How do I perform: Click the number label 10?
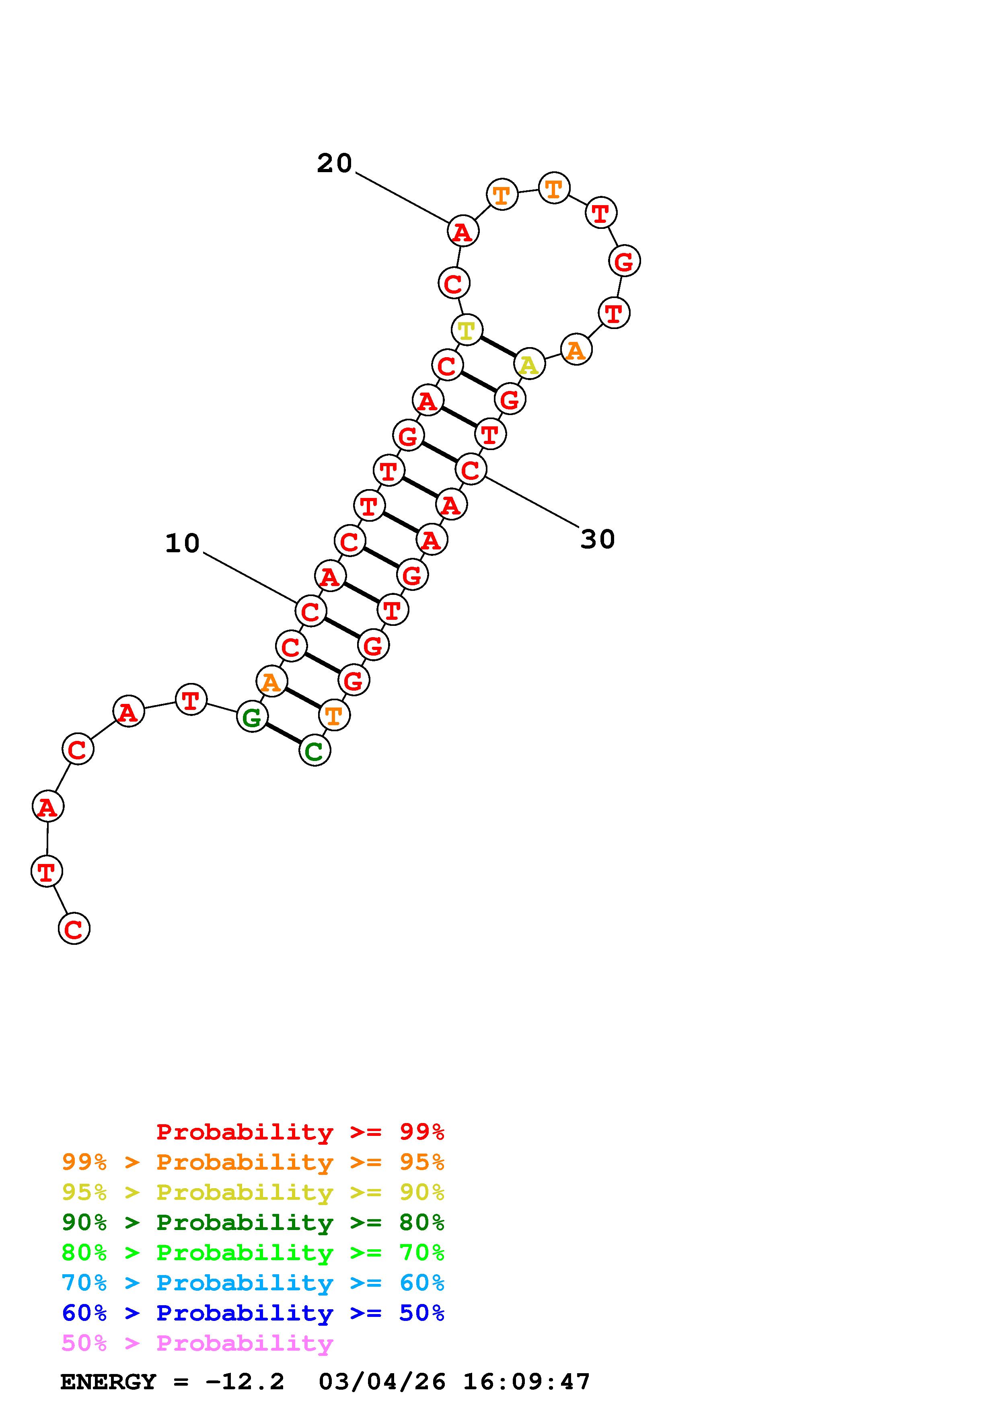pyautogui.click(x=183, y=543)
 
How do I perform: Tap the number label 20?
pyautogui.click(x=334, y=163)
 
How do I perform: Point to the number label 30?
pyautogui.click(x=598, y=539)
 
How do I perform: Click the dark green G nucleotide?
pyautogui.click(x=253, y=717)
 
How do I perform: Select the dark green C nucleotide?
pyautogui.click(x=315, y=751)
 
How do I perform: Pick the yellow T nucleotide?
pyautogui.click(x=467, y=330)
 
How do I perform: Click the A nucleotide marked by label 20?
pyautogui.click(x=463, y=232)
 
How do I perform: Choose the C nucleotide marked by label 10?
pyautogui.click(x=311, y=611)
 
